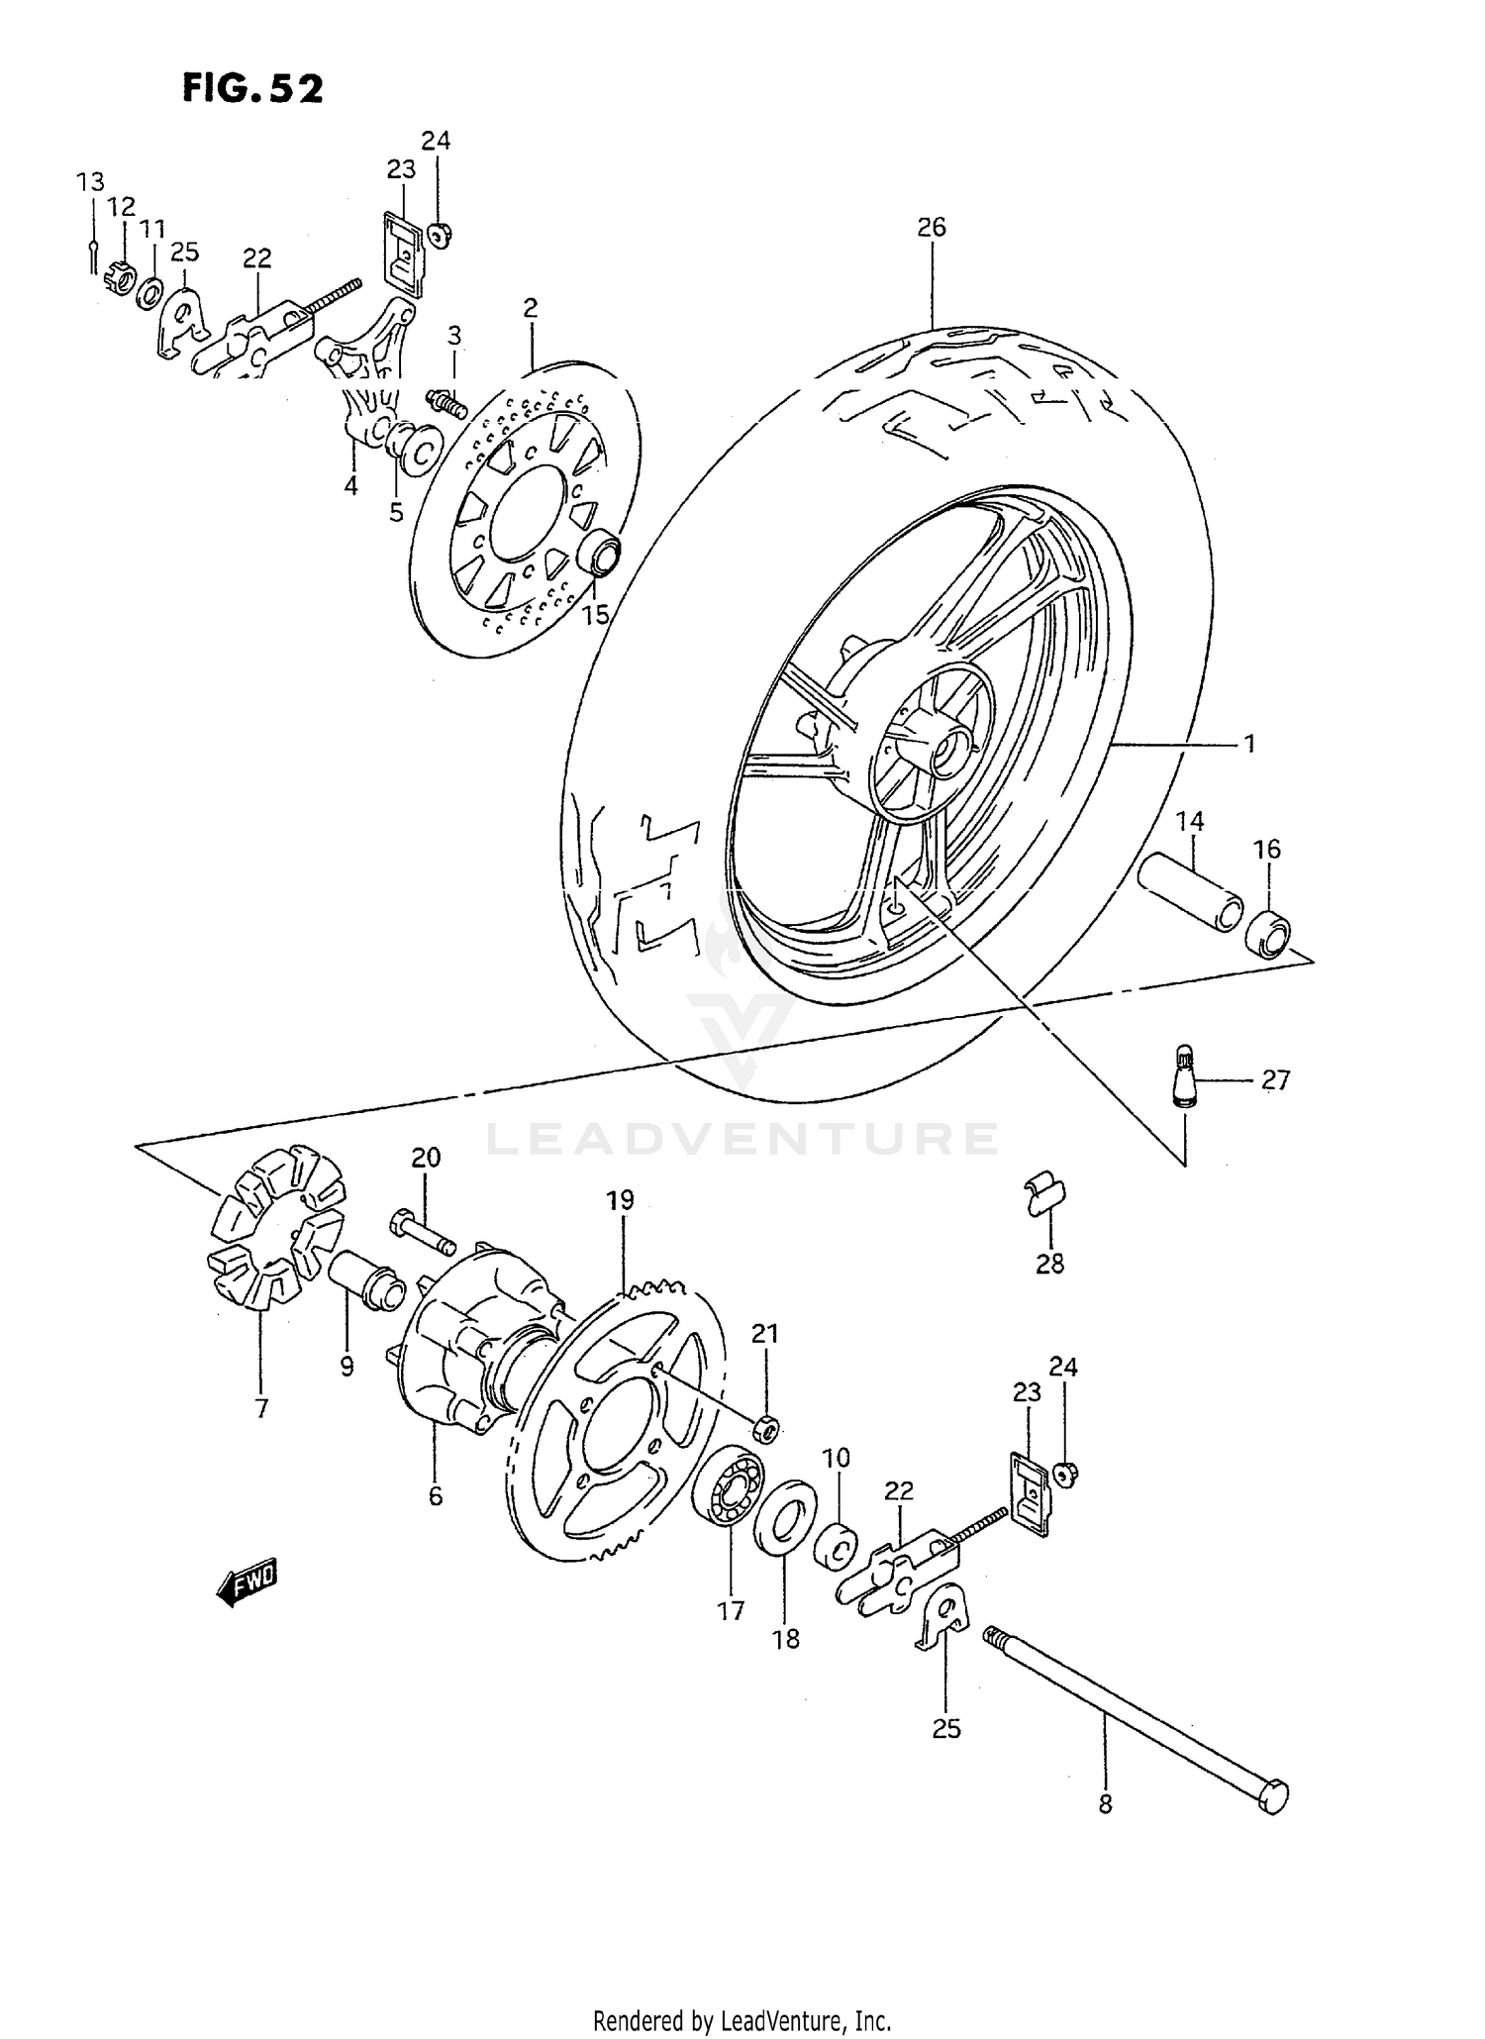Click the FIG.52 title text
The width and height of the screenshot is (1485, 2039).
(252, 89)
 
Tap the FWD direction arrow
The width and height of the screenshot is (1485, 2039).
(247, 1581)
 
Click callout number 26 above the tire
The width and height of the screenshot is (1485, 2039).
(931, 227)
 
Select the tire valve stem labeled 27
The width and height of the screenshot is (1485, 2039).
(1184, 1075)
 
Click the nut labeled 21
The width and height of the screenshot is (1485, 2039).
(766, 1428)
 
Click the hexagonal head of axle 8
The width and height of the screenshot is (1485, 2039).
(1274, 1794)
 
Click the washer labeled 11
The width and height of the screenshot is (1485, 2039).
(150, 292)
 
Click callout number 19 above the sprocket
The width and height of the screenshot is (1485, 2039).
(620, 1200)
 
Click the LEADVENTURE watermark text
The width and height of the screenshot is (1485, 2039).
(742, 1138)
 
